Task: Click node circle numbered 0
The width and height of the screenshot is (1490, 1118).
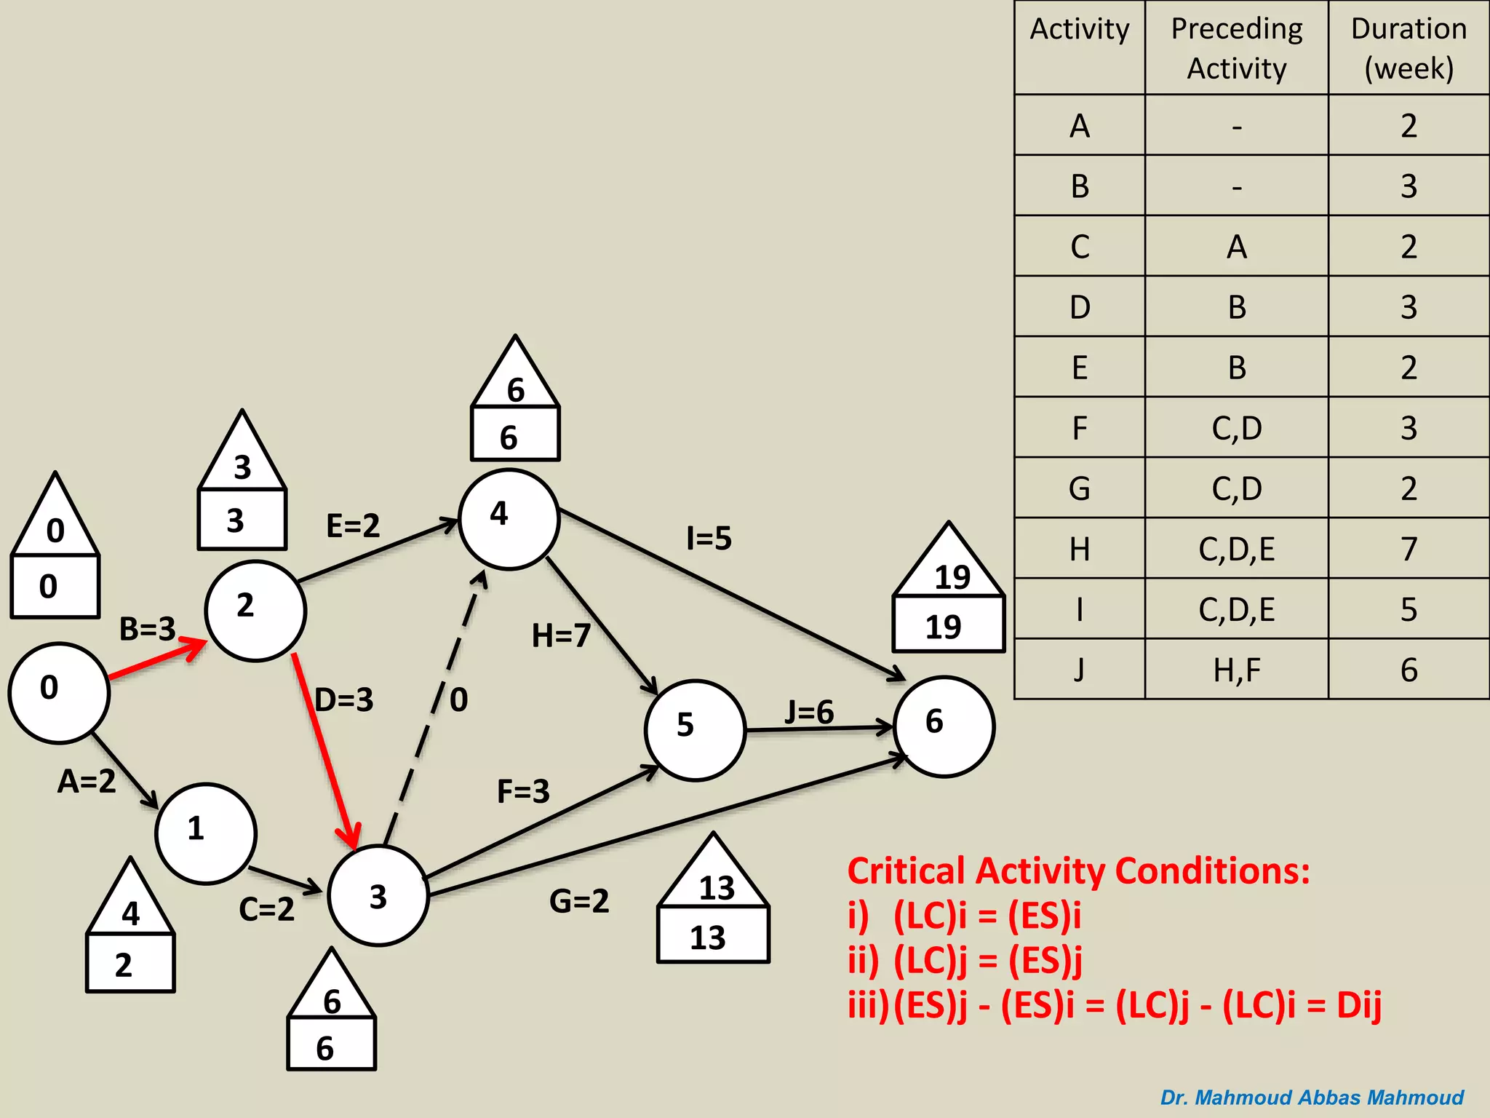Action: pyautogui.click(x=58, y=692)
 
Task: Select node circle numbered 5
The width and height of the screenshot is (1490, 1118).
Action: pyautogui.click(x=695, y=730)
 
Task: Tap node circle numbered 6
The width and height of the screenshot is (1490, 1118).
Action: pyautogui.click(x=944, y=726)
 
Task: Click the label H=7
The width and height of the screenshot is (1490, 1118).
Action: pyautogui.click(x=560, y=635)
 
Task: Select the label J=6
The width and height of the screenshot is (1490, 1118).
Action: pyautogui.click(x=809, y=712)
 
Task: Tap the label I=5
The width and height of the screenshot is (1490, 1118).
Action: pyautogui.click(x=709, y=539)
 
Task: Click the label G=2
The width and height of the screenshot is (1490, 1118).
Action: pyautogui.click(x=578, y=901)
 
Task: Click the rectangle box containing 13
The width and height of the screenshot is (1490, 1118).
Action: pyautogui.click(x=712, y=935)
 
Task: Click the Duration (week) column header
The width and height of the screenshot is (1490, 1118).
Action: pyautogui.click(x=1409, y=48)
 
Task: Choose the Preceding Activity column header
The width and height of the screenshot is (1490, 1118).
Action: pyautogui.click(x=1236, y=48)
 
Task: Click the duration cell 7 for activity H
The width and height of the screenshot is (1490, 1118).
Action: pyautogui.click(x=1409, y=549)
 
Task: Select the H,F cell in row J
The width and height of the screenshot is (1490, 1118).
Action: pyautogui.click(x=1236, y=670)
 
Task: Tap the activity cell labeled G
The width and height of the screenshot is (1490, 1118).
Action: pyautogui.click(x=1080, y=488)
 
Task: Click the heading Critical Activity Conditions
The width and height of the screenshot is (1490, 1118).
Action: pyautogui.click(x=1078, y=871)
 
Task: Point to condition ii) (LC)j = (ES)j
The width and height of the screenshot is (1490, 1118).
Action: pyautogui.click(x=965, y=960)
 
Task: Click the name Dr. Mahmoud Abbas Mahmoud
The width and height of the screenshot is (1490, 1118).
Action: pyautogui.click(x=1311, y=1097)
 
